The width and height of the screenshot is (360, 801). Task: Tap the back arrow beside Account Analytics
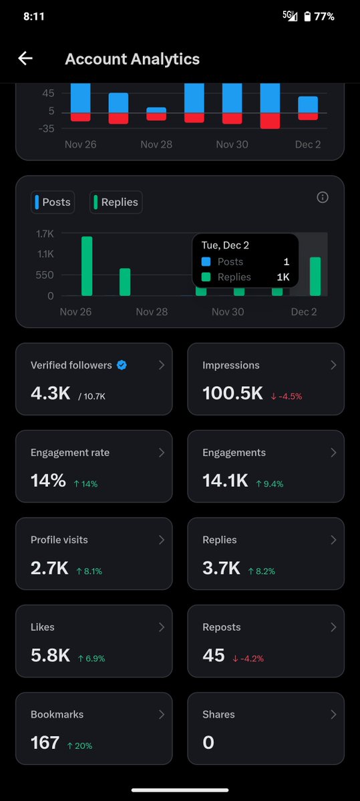(25, 59)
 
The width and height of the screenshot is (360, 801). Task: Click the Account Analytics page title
(132, 59)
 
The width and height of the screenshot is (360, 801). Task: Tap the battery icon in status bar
(307, 16)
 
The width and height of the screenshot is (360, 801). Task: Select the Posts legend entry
(51, 202)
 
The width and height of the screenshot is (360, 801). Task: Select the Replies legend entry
(116, 202)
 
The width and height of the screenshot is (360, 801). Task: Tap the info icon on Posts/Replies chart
(323, 197)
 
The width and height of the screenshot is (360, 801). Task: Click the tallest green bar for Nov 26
(87, 266)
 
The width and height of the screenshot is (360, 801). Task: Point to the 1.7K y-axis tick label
(45, 234)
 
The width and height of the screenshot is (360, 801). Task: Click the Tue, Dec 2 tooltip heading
(226, 245)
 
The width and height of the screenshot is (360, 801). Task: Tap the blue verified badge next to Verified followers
(122, 365)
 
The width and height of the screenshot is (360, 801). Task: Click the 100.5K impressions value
(232, 393)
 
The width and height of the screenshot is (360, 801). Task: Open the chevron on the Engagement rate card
(161, 452)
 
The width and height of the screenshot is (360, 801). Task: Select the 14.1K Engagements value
(225, 480)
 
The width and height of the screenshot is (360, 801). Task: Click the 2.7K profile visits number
(49, 569)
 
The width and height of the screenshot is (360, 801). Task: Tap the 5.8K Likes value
(50, 656)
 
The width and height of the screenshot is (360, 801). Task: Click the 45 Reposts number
(214, 656)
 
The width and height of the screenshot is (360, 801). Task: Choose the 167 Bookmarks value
(45, 743)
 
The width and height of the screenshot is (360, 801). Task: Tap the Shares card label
(218, 714)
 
